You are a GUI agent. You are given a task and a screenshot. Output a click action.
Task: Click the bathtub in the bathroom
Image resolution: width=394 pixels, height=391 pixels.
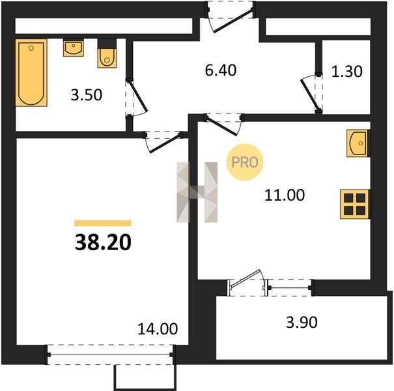pos(31,72)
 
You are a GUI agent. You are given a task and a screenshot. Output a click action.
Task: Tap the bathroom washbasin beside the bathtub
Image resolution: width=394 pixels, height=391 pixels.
pos(73,48)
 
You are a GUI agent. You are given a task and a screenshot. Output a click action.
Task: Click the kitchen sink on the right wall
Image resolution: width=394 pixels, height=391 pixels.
pos(358,143)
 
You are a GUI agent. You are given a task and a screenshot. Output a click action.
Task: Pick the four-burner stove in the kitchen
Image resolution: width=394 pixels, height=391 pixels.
pos(354,204)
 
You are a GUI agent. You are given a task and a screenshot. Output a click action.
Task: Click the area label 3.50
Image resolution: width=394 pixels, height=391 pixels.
pos(87,95)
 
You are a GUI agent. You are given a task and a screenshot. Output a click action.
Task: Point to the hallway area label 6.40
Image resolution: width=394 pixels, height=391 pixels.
pos(221,70)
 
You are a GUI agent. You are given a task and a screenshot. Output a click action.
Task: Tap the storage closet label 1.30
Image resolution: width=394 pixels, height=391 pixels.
pos(346,71)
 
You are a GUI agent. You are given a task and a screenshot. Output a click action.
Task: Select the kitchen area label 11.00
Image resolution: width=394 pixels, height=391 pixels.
pos(285,195)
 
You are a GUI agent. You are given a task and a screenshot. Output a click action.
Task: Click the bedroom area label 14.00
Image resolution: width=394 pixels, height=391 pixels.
pos(158,328)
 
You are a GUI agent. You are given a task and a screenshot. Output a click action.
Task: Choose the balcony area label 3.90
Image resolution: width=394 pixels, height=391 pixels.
pos(302,322)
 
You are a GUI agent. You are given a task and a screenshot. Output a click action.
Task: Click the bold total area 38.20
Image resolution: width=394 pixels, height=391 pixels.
pos(103,242)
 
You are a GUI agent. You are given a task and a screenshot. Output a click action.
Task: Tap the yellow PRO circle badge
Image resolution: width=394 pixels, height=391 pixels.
pos(244,162)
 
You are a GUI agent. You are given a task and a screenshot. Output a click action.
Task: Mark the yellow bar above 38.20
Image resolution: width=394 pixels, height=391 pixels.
pos(103,224)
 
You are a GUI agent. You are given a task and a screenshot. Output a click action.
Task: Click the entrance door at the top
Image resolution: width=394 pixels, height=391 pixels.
pos(231,17)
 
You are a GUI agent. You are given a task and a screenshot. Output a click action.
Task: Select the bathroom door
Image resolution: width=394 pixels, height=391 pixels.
pos(136,98)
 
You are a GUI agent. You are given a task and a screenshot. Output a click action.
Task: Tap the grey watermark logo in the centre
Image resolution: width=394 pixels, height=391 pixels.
pos(197,192)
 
